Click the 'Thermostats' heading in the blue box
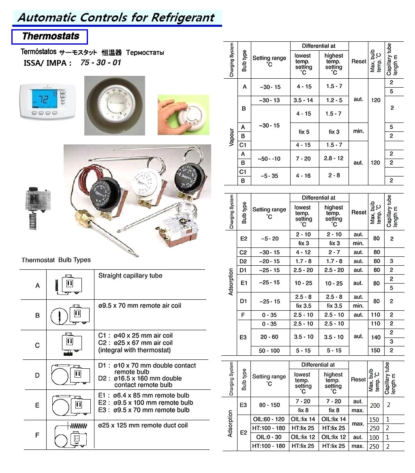click(x=50, y=37)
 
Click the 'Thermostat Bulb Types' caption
click(x=56, y=260)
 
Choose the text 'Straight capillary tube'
click(x=130, y=276)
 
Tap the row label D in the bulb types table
click(x=37, y=375)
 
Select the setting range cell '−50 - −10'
click(x=269, y=159)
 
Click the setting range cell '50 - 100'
click(x=269, y=350)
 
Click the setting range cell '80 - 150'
click(x=269, y=405)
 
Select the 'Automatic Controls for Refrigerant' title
click(x=116, y=18)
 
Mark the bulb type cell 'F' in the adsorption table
click(x=244, y=315)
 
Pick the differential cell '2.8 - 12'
click(x=334, y=159)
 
